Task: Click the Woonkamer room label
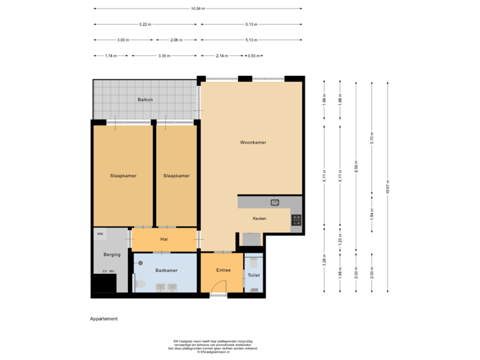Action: coord(253,143)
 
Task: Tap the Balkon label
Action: coord(145,100)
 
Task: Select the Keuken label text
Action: coord(259,219)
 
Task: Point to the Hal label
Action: coord(163,239)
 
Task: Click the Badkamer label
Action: coord(165,271)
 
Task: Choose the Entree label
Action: coord(223,271)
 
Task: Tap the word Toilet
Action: coord(254,275)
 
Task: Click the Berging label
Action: coord(111,255)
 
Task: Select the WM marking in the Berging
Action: coord(99,235)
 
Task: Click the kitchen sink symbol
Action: coord(275,202)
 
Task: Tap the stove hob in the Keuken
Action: coord(296,218)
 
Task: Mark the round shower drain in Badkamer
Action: coord(141,263)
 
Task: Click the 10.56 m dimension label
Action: coord(197,9)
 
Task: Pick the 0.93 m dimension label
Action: coord(253,56)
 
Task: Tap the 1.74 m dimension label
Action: coord(111,56)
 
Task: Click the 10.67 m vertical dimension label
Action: coord(388,187)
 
